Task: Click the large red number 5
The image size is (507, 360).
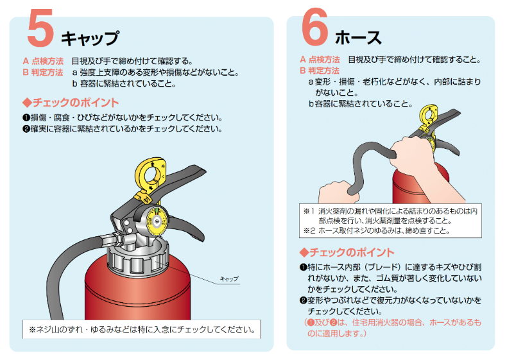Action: coord(40,28)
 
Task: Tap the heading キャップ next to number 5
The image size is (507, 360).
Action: coord(90,38)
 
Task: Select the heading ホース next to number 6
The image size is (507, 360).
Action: coord(358,37)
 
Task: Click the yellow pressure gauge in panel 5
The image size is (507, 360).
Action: coord(157,221)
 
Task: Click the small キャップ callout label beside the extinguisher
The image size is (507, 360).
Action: coord(229,279)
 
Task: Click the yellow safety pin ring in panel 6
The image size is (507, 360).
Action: coord(429,116)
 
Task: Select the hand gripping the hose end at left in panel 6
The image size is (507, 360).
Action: coord(337,192)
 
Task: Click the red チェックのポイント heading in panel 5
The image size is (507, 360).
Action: coord(71,103)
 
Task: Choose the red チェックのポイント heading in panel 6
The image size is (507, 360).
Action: coord(347,252)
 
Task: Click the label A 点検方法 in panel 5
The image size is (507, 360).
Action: coord(43,61)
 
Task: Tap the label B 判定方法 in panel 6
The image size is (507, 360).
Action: coord(320,71)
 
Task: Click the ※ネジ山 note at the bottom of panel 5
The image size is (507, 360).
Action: coord(142,330)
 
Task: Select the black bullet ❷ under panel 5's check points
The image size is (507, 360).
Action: coord(26,129)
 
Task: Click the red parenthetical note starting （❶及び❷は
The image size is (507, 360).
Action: coord(393,328)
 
